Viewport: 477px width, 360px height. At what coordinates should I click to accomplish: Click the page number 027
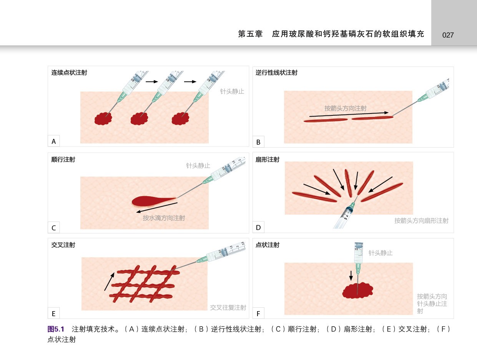[x=448, y=35]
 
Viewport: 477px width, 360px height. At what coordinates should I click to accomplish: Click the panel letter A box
[x=54, y=141]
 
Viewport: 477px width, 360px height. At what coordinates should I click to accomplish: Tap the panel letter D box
[x=258, y=227]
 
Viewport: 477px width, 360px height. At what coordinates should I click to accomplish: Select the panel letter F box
[x=258, y=313]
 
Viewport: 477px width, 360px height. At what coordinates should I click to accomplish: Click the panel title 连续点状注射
[x=69, y=73]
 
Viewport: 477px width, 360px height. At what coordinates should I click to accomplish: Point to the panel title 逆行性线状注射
[x=276, y=73]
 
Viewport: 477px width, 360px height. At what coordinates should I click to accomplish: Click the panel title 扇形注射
[x=267, y=160]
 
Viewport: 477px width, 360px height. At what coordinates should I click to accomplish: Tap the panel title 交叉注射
[x=63, y=245]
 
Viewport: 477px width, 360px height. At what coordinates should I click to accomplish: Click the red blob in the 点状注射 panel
[x=358, y=290]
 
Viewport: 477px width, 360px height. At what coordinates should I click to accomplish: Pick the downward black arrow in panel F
[x=351, y=276]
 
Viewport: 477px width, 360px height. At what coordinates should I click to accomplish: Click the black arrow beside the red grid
[x=109, y=282]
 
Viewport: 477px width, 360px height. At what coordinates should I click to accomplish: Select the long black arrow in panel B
[x=349, y=114]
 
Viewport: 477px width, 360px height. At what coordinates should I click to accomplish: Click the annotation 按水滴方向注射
[x=164, y=218]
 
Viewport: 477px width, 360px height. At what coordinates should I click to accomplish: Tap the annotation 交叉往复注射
[x=228, y=307]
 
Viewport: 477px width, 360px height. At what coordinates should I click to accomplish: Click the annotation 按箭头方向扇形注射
[x=421, y=221]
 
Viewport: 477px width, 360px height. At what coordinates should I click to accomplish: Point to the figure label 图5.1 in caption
[x=56, y=329]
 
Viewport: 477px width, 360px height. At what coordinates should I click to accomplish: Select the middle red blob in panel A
[x=139, y=119]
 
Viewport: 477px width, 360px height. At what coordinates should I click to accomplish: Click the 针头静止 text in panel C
[x=198, y=166]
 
